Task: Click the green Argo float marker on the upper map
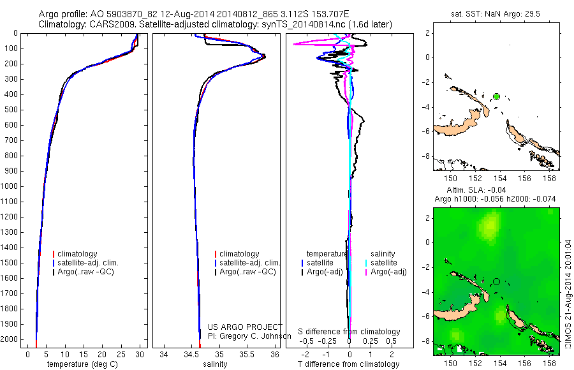point(496,96)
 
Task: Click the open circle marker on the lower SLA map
point(496,281)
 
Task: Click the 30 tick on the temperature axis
point(140,353)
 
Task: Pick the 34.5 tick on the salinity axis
point(192,353)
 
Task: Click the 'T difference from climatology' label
point(350,364)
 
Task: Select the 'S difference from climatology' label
point(350,332)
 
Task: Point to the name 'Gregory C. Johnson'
point(254,336)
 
